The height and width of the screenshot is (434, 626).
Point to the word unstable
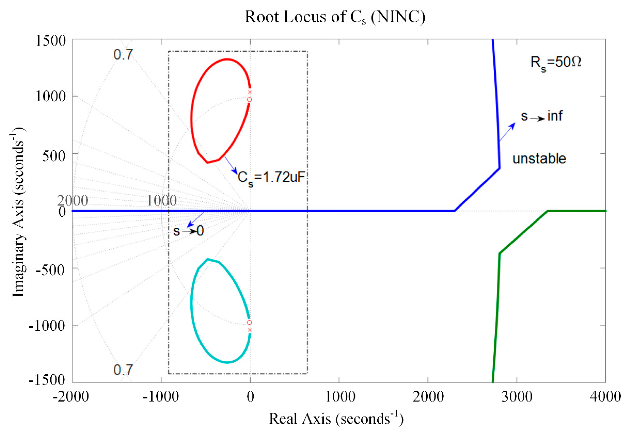[539, 158]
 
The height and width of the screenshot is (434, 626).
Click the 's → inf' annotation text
[541, 116]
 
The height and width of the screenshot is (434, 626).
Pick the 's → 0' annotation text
[188, 231]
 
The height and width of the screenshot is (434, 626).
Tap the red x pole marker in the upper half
[250, 92]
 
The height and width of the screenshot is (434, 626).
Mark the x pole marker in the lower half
[250, 330]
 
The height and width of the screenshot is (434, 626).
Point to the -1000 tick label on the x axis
[161, 397]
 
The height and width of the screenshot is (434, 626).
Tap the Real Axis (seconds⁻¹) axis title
[336, 418]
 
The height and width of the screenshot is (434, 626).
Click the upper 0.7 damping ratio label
[123, 55]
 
